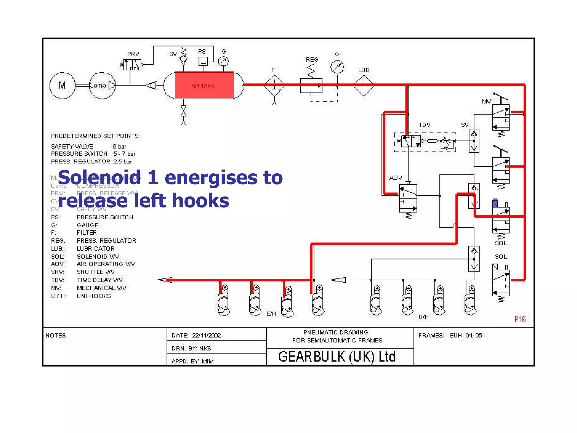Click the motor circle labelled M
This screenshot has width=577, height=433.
[x=62, y=85]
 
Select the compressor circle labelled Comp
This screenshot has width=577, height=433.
[x=102, y=85]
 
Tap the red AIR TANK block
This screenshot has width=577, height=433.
[x=204, y=85]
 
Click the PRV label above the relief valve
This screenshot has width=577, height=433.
[x=133, y=54]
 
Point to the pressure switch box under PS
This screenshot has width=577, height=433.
[x=203, y=61]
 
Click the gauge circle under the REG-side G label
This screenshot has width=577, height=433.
[x=337, y=67]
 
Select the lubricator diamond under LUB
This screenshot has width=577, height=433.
[x=363, y=85]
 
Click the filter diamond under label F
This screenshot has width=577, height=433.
[x=274, y=85]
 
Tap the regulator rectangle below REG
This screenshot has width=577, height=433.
[x=311, y=86]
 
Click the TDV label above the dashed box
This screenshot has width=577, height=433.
[x=424, y=125]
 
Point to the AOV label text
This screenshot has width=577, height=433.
[x=396, y=178]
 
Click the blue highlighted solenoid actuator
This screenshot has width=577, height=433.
[x=495, y=203]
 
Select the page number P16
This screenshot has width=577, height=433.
[x=520, y=319]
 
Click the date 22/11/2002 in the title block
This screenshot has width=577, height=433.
[x=207, y=335]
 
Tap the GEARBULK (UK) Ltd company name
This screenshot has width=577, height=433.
[x=337, y=357]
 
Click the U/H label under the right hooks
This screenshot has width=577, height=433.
[x=423, y=317]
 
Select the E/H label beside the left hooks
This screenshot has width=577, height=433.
[x=271, y=314]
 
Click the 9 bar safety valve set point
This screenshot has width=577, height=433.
[x=119, y=147]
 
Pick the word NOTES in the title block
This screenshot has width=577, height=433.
[x=56, y=335]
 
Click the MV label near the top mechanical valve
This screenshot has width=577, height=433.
[x=486, y=101]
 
